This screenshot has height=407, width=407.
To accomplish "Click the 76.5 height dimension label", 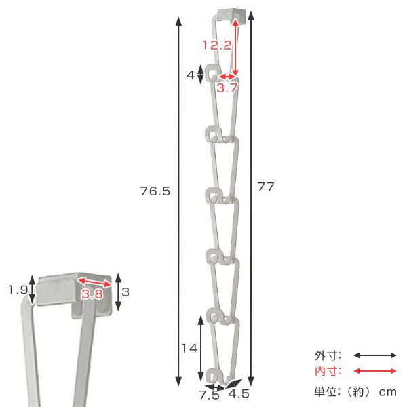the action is (155, 191).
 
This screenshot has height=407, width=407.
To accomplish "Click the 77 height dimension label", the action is (265, 187).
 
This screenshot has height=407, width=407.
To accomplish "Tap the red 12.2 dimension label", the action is (217, 45).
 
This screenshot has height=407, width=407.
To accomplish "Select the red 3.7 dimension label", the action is (227, 88).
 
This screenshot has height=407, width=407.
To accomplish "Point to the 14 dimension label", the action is (189, 348).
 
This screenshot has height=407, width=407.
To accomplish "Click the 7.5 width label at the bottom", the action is (210, 395).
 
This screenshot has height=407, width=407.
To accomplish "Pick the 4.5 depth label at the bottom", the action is (239, 393).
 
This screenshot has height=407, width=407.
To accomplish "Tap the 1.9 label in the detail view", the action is (18, 290).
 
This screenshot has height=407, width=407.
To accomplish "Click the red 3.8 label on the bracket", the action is (92, 294).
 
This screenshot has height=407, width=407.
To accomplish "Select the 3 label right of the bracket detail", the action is (125, 292).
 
